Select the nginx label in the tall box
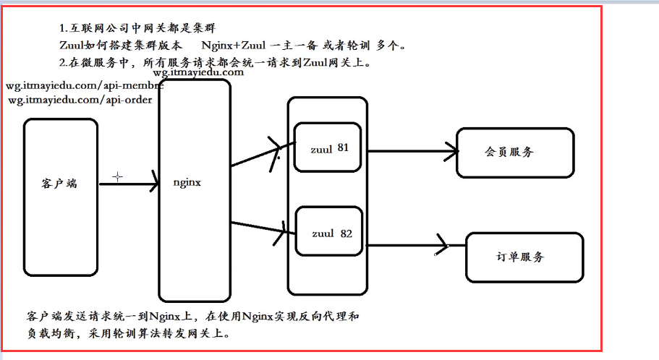tap(187, 183)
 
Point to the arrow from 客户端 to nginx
tap(128, 184)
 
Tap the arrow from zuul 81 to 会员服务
tap(412, 152)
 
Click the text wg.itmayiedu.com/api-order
tap(80, 100)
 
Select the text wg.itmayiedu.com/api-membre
tap(83, 86)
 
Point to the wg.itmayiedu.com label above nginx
tap(198, 72)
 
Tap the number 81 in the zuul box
tap(343, 147)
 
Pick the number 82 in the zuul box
tap(346, 233)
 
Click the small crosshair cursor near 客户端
tap(117, 176)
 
